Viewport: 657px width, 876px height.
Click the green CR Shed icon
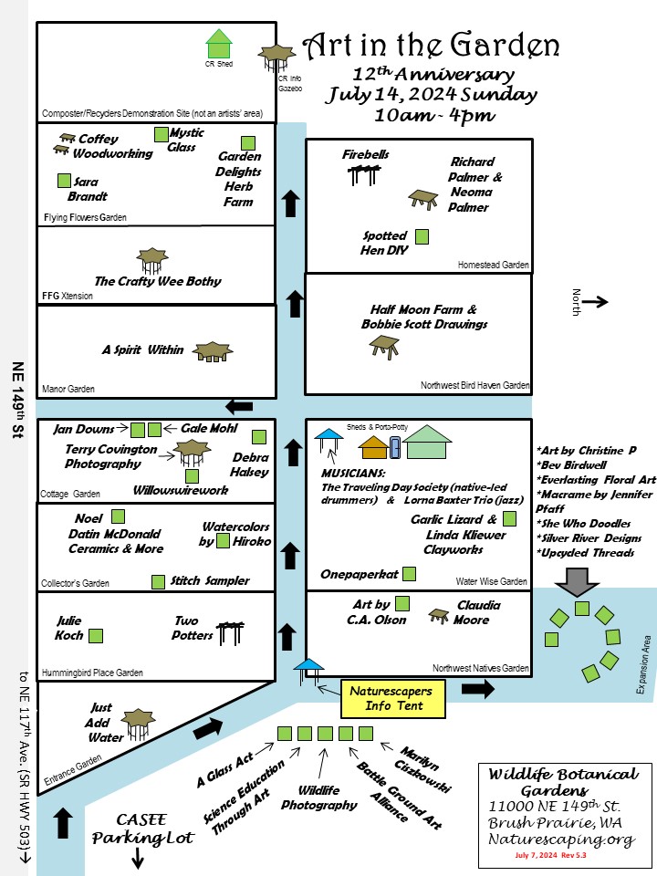(219, 44)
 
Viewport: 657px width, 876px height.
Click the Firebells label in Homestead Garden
(366, 154)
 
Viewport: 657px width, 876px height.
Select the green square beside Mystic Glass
(161, 135)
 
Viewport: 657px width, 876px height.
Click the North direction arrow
(598, 301)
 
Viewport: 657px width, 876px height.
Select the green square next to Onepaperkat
(410, 574)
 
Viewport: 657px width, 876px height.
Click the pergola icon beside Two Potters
(228, 631)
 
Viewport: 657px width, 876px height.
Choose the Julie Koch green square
(95, 635)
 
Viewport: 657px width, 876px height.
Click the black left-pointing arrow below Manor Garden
(240, 406)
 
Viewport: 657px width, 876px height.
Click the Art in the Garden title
(431, 46)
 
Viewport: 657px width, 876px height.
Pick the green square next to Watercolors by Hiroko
(224, 540)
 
